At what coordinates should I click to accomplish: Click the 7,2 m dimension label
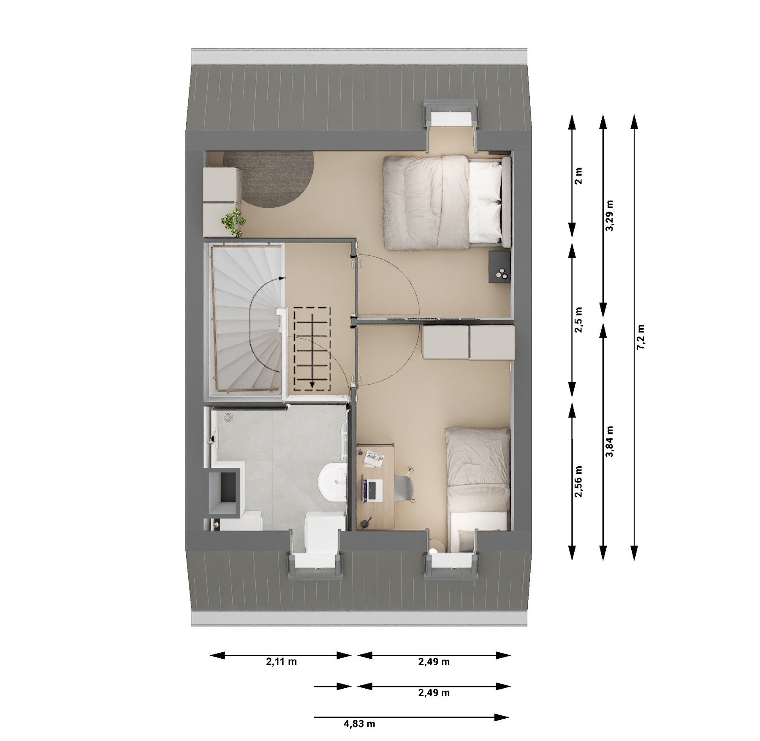[x=641, y=337]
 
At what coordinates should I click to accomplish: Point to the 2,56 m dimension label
[x=578, y=481]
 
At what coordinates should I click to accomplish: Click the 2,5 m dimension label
[x=578, y=320]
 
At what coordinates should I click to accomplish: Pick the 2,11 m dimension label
[x=281, y=662]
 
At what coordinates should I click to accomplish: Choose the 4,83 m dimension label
[x=359, y=724]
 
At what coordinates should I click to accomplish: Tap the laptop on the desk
[x=372, y=490]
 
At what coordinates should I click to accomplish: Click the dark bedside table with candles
[x=500, y=267]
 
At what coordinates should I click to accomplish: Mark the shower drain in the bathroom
[x=228, y=417]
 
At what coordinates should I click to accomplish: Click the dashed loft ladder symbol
[x=312, y=348]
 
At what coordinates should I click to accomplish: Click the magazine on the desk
[x=374, y=459]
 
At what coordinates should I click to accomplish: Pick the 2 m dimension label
[x=578, y=176]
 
